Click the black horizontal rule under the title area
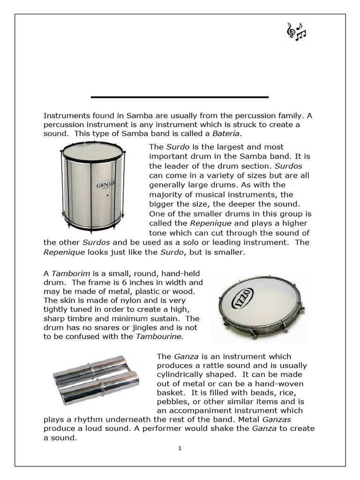click(x=180, y=97)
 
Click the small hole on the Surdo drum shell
click(x=107, y=195)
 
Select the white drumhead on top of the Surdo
click(x=93, y=151)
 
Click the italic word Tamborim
click(x=67, y=274)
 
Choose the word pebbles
click(x=171, y=401)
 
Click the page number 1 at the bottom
click(x=180, y=448)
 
